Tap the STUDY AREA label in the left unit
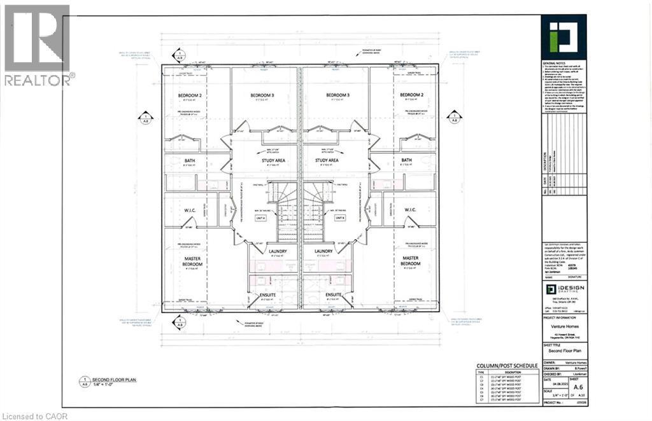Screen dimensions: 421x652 (x=264, y=160)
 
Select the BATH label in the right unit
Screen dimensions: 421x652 (x=407, y=160)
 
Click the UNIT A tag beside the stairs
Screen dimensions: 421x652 (x=260, y=218)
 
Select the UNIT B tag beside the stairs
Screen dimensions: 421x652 (x=339, y=218)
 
